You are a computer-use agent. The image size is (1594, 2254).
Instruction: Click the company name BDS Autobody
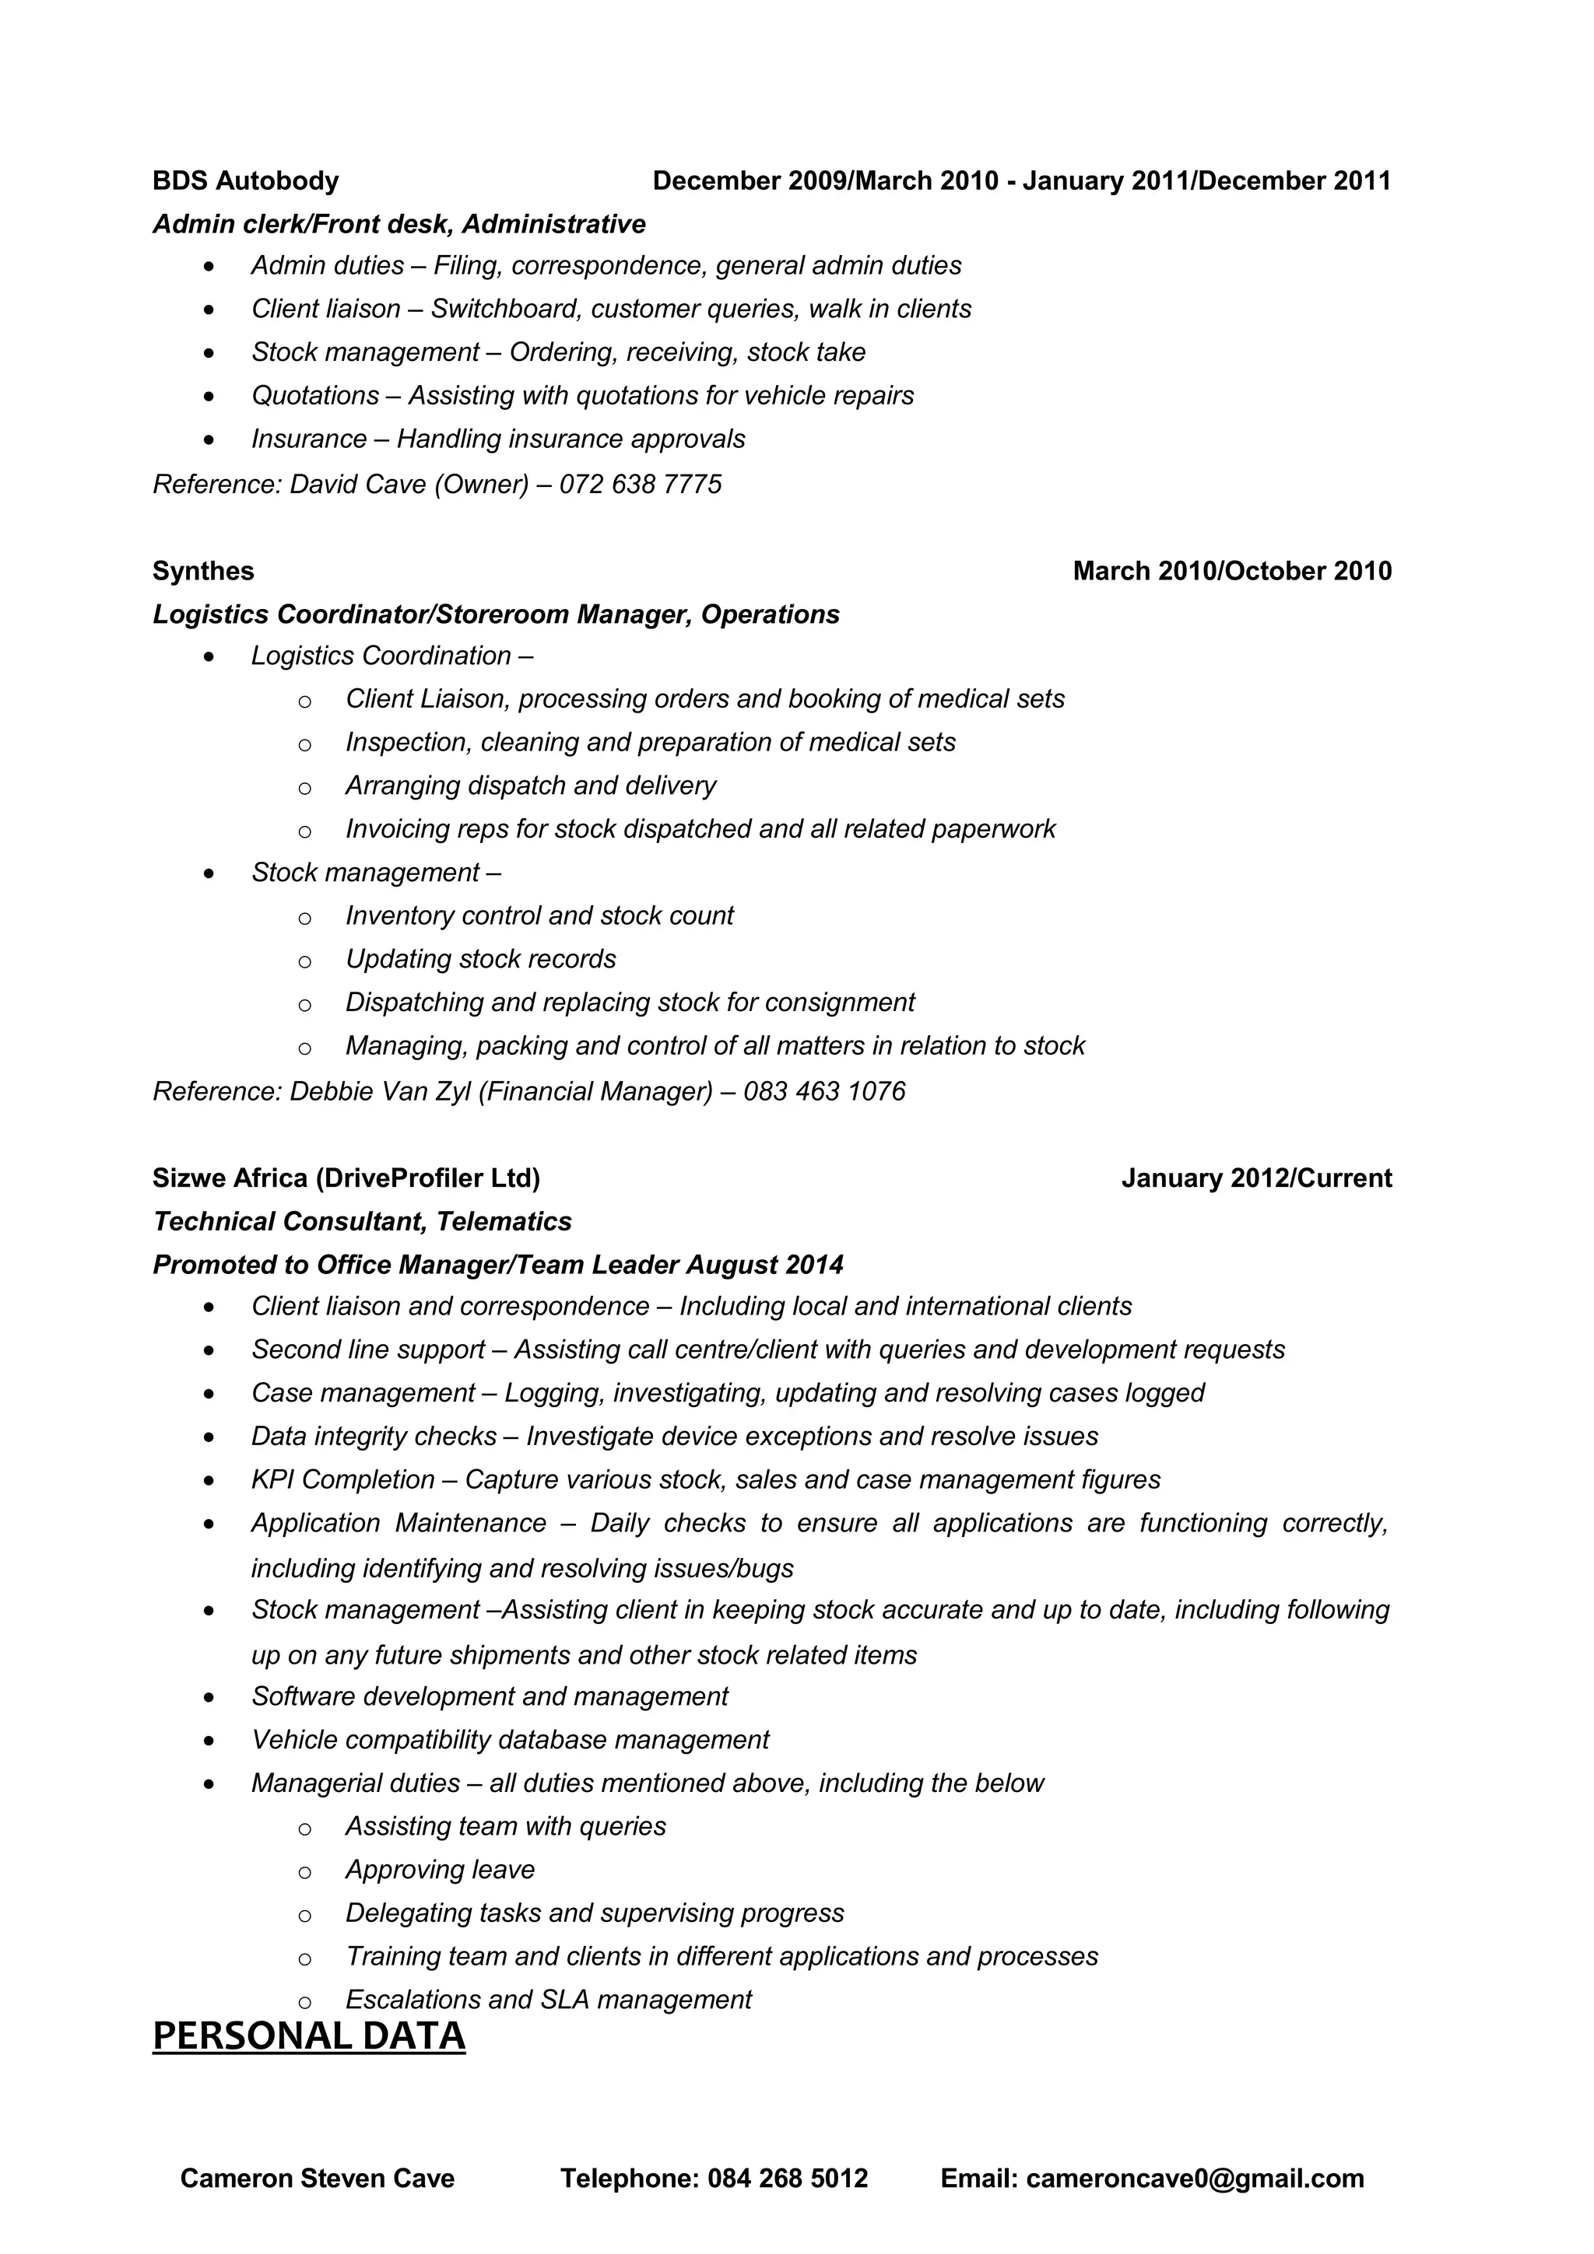pos(245,180)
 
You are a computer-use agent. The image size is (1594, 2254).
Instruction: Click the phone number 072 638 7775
pos(641,484)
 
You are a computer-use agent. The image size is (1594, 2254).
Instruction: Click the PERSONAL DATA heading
pos(308,2035)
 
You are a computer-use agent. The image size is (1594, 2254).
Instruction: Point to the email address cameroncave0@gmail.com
pos(1194,2179)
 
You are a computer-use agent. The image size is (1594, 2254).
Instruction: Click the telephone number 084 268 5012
pos(787,2179)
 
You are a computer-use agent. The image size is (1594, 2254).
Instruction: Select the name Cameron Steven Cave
pos(318,2179)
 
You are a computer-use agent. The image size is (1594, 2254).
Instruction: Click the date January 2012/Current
pos(1256,1178)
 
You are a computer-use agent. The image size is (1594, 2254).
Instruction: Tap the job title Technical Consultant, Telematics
pos(363,1221)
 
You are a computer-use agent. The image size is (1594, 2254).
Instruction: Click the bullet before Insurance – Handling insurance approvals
pos(209,439)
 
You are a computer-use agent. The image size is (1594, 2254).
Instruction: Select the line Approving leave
pos(440,1869)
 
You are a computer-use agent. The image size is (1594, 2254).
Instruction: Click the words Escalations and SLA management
pos(548,2000)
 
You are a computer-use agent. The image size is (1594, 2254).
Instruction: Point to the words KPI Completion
pos(342,1479)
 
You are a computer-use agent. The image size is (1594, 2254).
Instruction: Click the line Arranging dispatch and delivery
pos(530,786)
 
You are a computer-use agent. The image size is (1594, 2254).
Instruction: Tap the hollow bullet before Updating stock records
pos(304,961)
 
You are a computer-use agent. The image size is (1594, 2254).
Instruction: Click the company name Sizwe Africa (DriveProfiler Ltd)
pos(346,1178)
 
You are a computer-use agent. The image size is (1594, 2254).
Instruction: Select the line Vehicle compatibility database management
pos(510,1740)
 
